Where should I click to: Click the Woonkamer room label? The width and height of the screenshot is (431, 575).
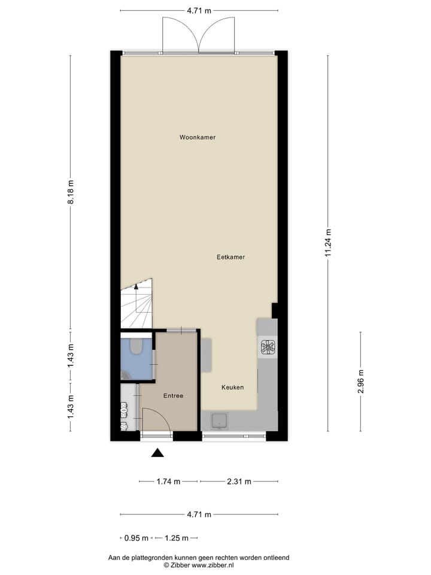click(198, 137)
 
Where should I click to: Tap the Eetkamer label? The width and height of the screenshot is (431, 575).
click(230, 257)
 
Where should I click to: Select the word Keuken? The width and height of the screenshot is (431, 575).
click(232, 388)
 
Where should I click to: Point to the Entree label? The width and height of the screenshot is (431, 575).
click(173, 396)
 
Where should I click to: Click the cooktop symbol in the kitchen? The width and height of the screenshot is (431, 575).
click(268, 347)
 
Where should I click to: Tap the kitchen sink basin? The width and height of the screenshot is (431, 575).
click(220, 421)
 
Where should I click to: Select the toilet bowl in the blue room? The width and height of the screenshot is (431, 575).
click(136, 346)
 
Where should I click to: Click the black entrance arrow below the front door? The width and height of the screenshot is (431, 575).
click(157, 453)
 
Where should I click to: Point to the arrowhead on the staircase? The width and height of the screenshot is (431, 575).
click(136, 286)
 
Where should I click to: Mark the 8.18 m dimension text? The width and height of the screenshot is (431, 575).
click(71, 192)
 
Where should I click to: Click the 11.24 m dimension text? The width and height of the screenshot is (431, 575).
click(327, 243)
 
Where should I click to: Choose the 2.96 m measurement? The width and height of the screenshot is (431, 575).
click(360, 381)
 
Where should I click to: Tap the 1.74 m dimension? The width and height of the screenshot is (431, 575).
click(168, 481)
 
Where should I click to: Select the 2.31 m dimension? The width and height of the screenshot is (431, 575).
click(239, 481)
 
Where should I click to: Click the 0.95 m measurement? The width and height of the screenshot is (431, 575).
click(135, 537)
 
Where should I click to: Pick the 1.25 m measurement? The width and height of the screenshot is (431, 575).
click(176, 537)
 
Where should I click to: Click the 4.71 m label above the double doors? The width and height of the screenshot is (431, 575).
click(199, 11)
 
